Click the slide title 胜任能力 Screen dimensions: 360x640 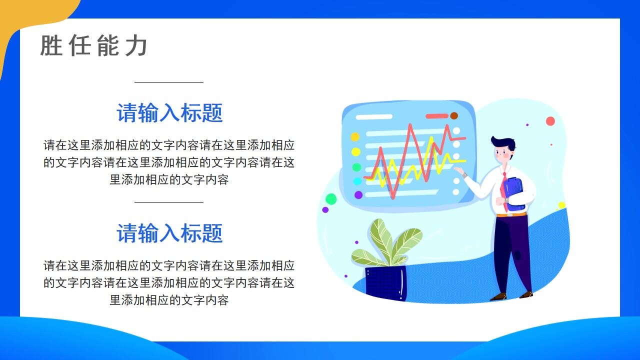click(x=93, y=46)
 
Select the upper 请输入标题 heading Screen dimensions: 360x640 click(x=169, y=113)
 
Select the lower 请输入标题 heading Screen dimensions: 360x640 click(x=169, y=233)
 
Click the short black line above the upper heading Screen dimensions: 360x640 click(x=169, y=82)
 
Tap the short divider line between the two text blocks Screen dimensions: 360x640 click(x=169, y=202)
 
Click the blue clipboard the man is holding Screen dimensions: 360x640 click(x=514, y=193)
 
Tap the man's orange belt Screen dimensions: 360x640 click(x=511, y=214)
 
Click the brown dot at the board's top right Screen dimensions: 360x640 click(x=454, y=116)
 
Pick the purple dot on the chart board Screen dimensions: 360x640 click(x=358, y=195)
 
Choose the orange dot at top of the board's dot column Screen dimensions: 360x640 click(x=355, y=136)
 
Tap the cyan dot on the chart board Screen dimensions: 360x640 click(x=357, y=181)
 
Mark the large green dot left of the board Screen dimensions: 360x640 click(x=331, y=199)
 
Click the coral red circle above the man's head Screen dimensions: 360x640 click(x=550, y=121)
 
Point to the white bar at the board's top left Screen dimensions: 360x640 click(x=373, y=117)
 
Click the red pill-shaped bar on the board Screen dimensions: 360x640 click(x=437, y=116)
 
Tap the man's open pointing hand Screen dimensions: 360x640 click(x=458, y=171)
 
